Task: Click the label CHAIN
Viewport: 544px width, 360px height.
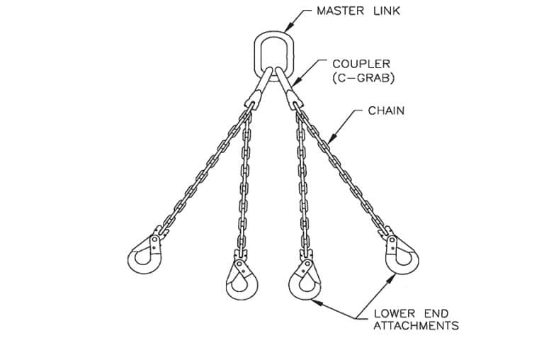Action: [386, 111]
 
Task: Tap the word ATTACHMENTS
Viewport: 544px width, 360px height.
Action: [416, 326]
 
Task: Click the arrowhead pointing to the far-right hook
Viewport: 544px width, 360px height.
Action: [390, 277]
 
